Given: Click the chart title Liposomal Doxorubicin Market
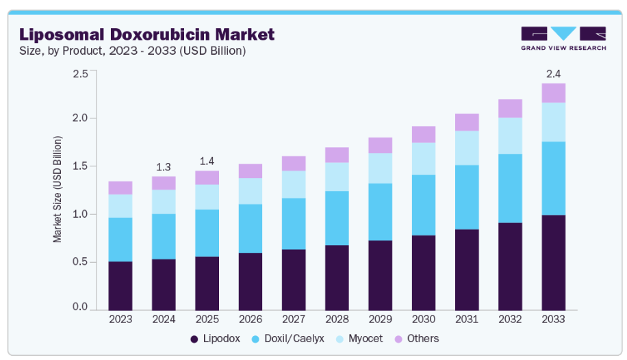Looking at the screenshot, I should point(146,34).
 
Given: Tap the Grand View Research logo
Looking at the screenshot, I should point(563,38).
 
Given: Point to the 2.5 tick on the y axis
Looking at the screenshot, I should point(80,73).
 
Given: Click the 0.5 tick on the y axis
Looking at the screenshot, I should point(80,262).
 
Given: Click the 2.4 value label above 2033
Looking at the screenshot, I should point(553,73).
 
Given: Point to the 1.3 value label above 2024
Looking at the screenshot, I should point(164,166).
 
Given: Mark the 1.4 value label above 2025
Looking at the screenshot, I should point(207,161).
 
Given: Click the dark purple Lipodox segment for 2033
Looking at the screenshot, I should point(553,262).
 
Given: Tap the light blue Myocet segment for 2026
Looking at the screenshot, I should point(251,191).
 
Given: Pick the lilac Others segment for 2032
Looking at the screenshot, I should point(510,108).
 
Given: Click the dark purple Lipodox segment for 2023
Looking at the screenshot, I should point(120,285).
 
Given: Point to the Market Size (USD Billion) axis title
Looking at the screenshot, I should point(57,190).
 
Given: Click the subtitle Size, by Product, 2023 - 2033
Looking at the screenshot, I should point(132,51).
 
